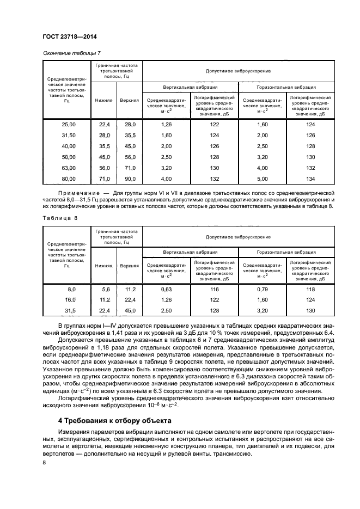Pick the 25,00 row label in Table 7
[x=69, y=125]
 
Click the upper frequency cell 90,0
[x=130, y=179]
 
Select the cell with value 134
[x=310, y=179]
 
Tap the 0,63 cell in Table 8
[x=167, y=290]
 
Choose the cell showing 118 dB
[x=310, y=290]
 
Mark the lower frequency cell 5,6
[x=106, y=290]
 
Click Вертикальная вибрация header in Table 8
[x=191, y=252]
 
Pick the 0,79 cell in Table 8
[x=263, y=290]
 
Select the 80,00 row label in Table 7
[x=69, y=179]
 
